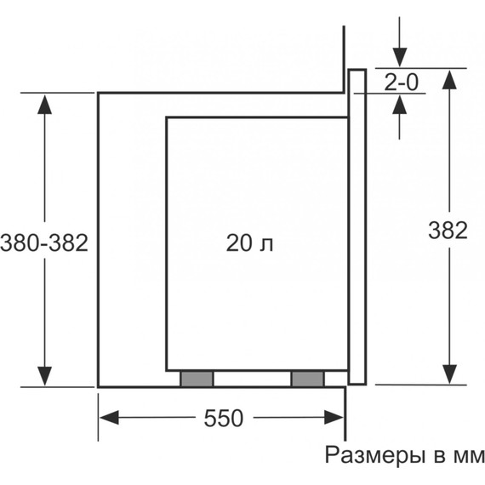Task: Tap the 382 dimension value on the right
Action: (x=447, y=230)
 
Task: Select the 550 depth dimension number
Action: (x=224, y=418)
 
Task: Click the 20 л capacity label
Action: (x=250, y=243)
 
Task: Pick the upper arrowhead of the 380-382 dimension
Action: (x=44, y=103)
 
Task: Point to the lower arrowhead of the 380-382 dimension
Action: (x=44, y=375)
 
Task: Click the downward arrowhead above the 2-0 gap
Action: (x=400, y=56)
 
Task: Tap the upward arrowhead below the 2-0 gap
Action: (x=400, y=104)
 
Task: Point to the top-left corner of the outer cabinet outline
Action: (x=99, y=92)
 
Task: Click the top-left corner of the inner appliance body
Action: (x=166, y=117)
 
